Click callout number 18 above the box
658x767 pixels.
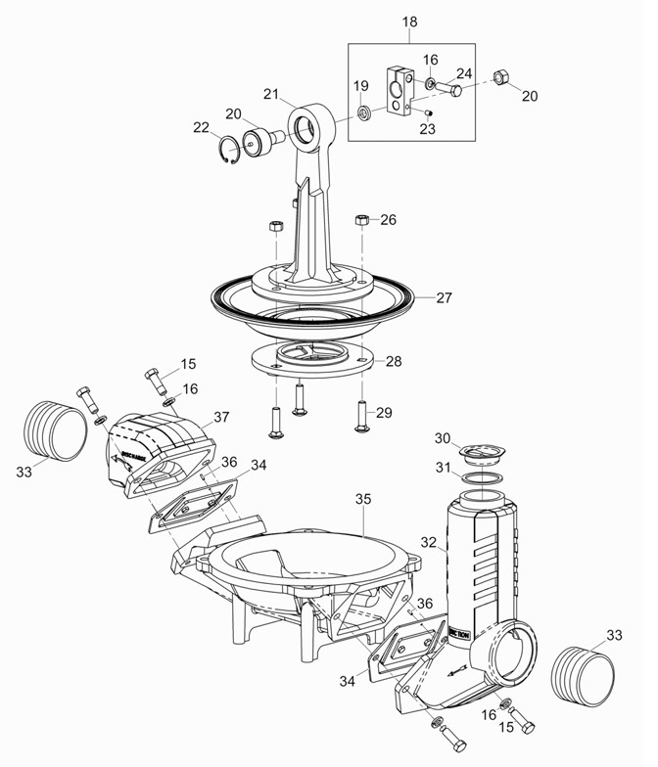408,21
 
